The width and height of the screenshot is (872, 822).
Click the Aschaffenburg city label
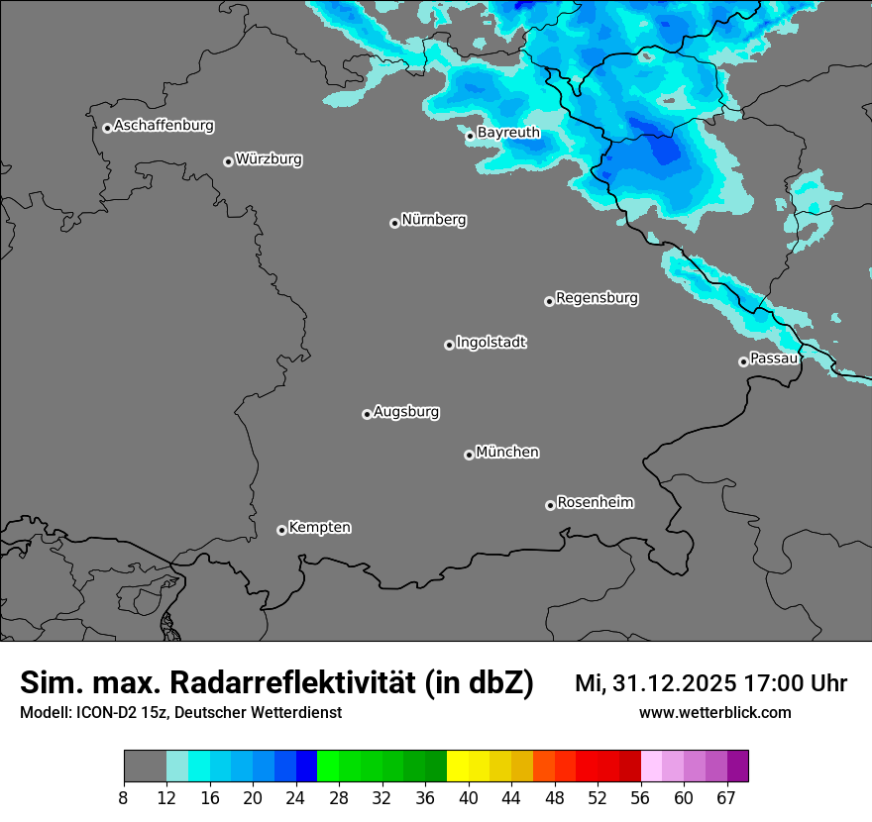pyautogui.click(x=163, y=126)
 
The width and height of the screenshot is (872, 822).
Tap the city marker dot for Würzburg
pyautogui.click(x=228, y=161)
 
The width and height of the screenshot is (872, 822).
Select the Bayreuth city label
pyautogui.click(x=508, y=132)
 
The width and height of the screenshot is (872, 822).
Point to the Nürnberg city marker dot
pyautogui.click(x=394, y=223)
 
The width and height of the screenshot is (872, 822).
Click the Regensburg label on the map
pyautogui.click(x=597, y=298)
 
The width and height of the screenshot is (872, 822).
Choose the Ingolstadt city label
pyautogui.click(x=490, y=343)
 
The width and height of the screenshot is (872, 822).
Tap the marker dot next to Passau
pyautogui.click(x=743, y=361)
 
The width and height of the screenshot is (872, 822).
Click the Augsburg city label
pyautogui.click(x=406, y=412)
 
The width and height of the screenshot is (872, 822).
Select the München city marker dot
pyautogui.click(x=469, y=455)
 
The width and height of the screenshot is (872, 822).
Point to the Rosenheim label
pyautogui.click(x=595, y=502)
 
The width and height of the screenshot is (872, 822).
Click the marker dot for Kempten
pyautogui.click(x=281, y=530)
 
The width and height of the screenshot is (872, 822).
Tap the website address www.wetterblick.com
pyautogui.click(x=714, y=713)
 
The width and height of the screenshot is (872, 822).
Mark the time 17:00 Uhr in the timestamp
pyautogui.click(x=794, y=683)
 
